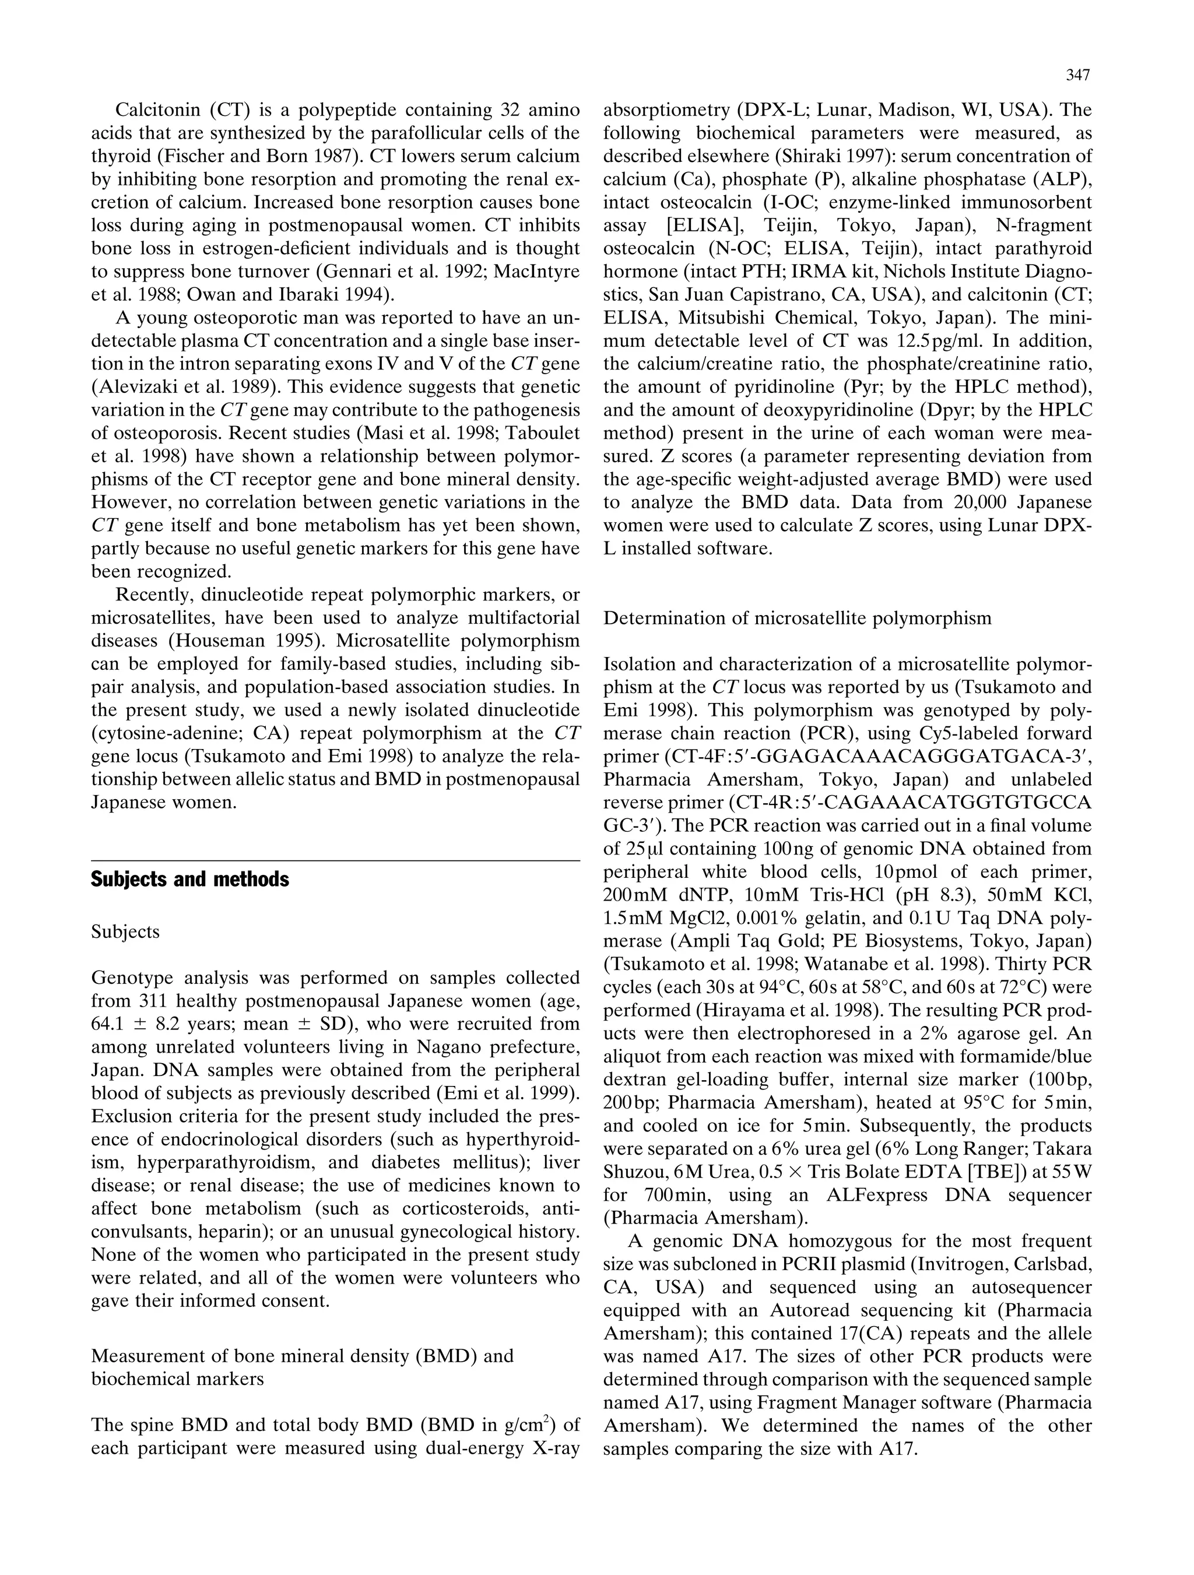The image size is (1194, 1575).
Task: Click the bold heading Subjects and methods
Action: tap(189, 880)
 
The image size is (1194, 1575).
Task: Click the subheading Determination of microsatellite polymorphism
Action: tap(797, 617)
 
